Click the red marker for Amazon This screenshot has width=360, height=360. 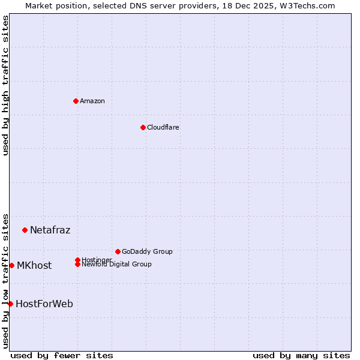pyautogui.click(x=76, y=101)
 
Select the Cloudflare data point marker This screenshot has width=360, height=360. pyautogui.click(x=143, y=127)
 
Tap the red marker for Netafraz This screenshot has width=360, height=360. pyautogui.click(x=25, y=230)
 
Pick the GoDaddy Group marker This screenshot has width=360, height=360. pyautogui.click(x=118, y=251)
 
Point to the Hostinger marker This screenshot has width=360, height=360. pyautogui.click(x=77, y=260)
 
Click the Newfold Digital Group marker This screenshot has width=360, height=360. pyautogui.click(x=77, y=264)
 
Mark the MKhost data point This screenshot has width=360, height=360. pyautogui.click(x=11, y=265)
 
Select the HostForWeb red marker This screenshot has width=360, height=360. pyautogui.click(x=10, y=304)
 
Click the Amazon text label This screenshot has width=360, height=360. pyautogui.click(x=92, y=101)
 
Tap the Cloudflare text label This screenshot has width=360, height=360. pyautogui.click(x=163, y=127)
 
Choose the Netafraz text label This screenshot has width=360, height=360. pyautogui.click(x=50, y=230)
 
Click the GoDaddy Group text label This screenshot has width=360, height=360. pyautogui.click(x=147, y=251)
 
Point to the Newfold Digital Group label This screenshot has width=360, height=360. pyautogui.click(x=116, y=264)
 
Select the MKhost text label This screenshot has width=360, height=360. pyautogui.click(x=34, y=265)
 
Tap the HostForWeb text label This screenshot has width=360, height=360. pyautogui.click(x=44, y=304)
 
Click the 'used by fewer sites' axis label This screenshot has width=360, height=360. pyautogui.click(x=62, y=355)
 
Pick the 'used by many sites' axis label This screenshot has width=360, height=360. pyautogui.click(x=301, y=355)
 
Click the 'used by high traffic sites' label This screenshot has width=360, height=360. pyautogui.click(x=5, y=85)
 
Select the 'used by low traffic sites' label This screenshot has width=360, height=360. pyautogui.click(x=5, y=280)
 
